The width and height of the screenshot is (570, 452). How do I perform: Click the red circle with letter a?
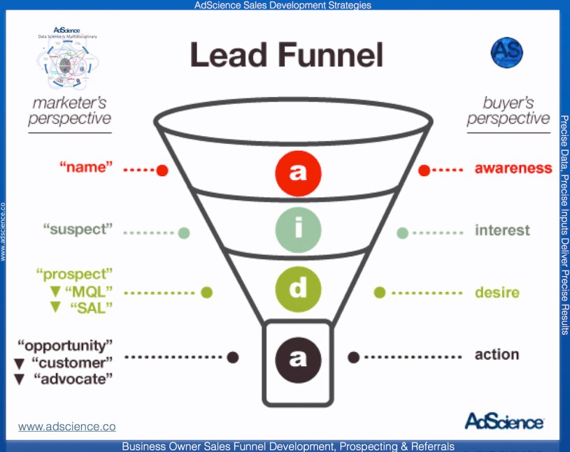click(297, 172)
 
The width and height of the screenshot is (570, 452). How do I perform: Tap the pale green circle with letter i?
click(297, 230)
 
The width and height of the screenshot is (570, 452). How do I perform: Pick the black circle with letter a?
click(297, 357)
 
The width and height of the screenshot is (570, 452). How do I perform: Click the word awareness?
click(513, 168)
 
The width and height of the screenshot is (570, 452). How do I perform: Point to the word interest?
click(502, 230)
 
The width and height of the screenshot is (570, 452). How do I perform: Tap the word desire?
click(497, 292)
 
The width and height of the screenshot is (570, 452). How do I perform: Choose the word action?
click(497, 354)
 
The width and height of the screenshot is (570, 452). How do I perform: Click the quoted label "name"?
click(86, 168)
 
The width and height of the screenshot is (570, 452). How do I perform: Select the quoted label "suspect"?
click(77, 229)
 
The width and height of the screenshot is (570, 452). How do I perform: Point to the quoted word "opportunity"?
click(64, 344)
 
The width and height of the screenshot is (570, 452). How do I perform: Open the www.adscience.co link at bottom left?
click(66, 426)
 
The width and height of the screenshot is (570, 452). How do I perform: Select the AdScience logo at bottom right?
click(504, 422)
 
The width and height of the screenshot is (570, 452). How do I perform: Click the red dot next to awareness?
click(424, 170)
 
